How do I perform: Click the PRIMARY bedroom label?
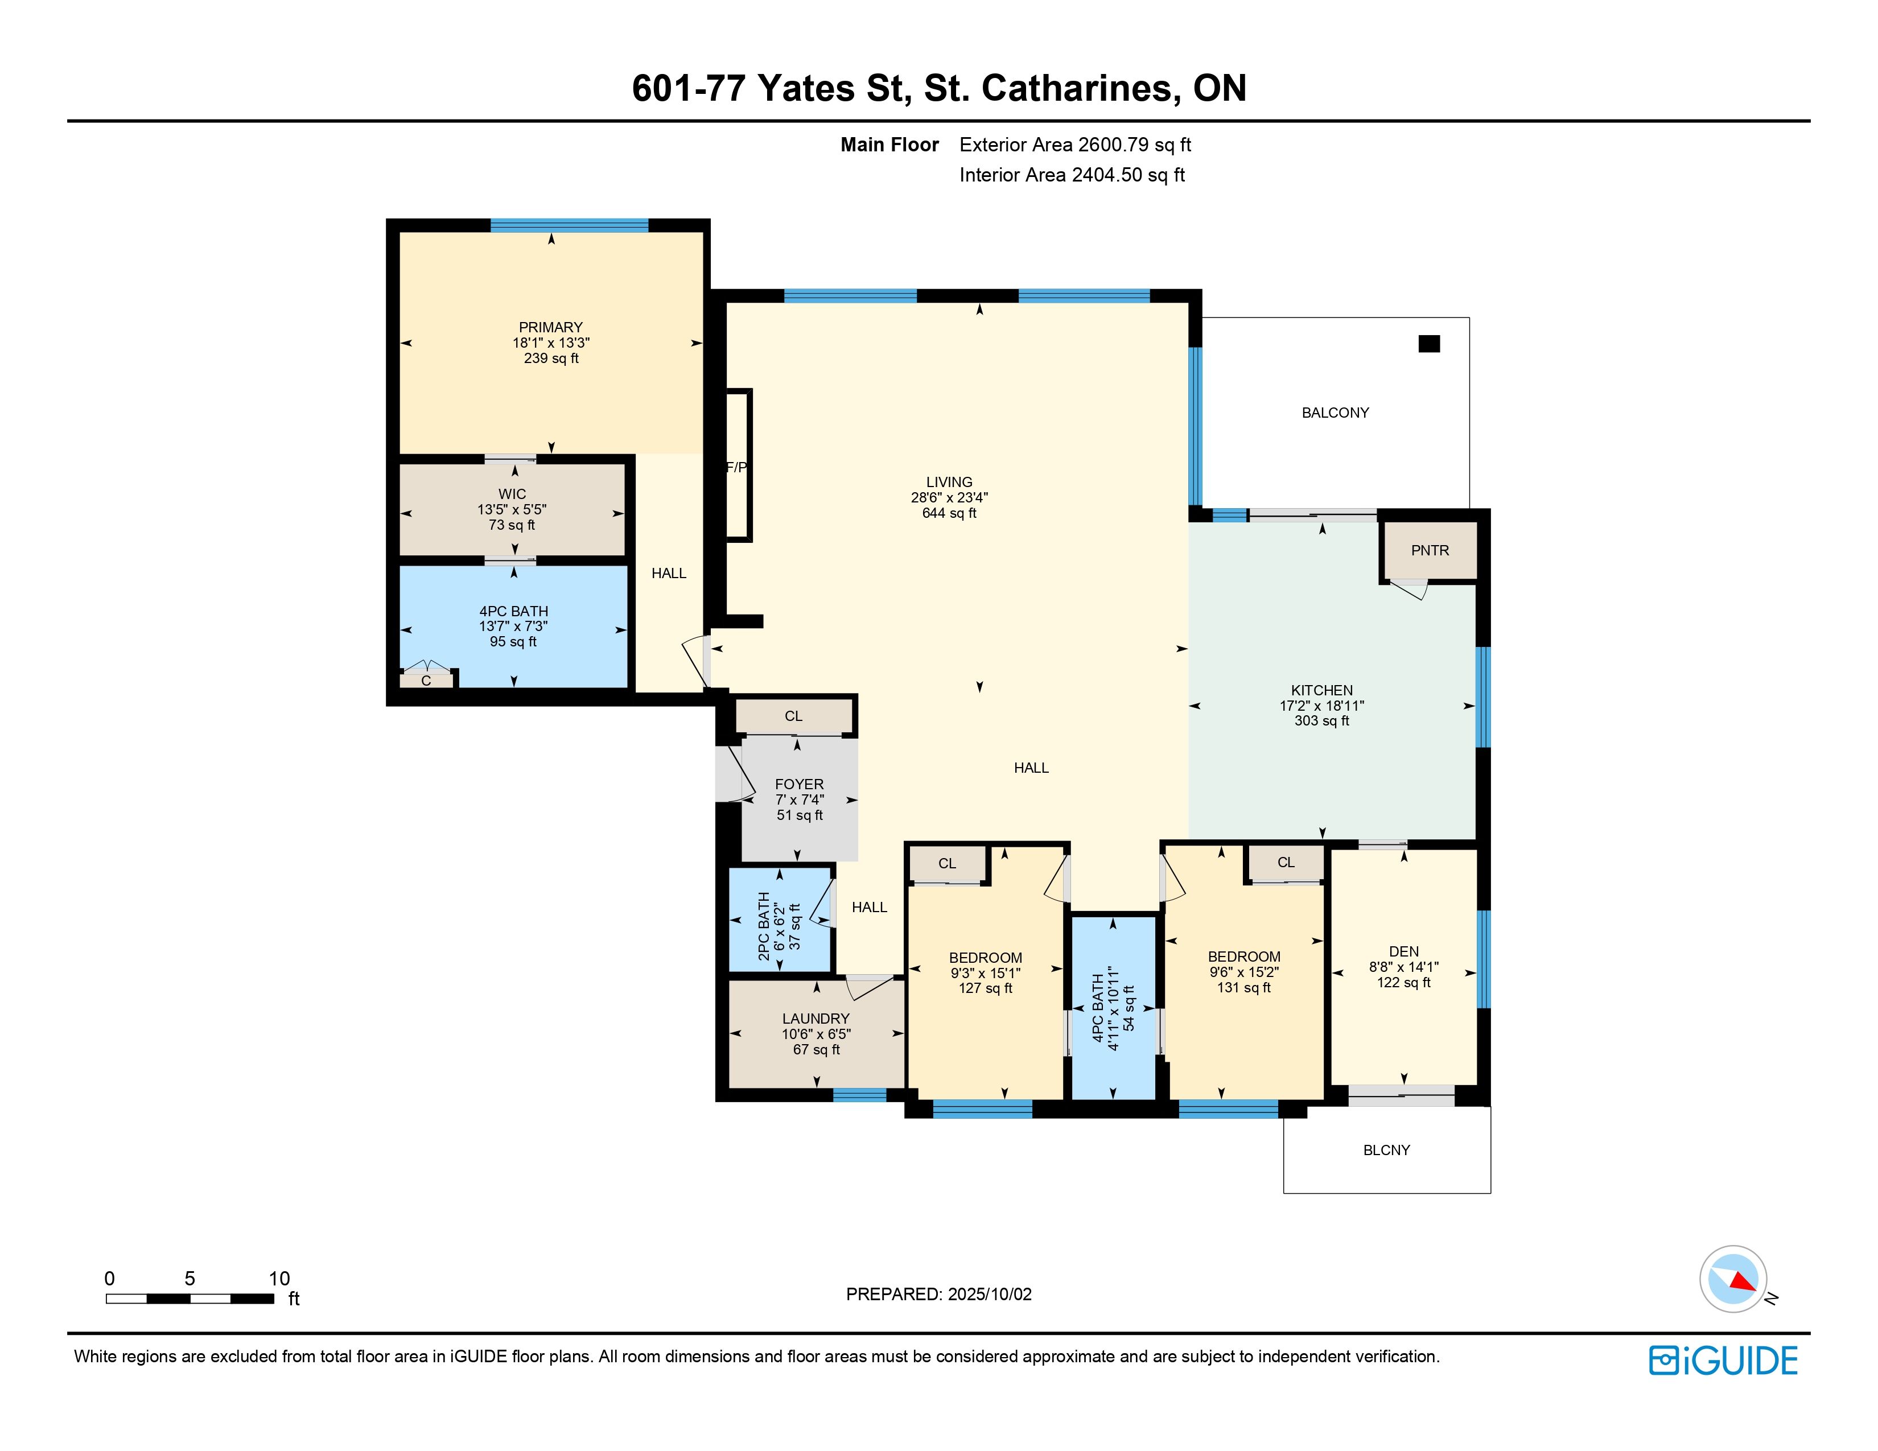[550, 328]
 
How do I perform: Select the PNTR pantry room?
[1429, 551]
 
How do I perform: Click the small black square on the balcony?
[1428, 344]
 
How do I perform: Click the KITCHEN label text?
[1321, 690]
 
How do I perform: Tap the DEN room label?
[1403, 951]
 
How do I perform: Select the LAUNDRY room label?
[815, 1019]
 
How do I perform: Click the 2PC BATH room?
[780, 920]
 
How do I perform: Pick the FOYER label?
[799, 784]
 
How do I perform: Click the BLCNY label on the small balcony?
[1386, 1150]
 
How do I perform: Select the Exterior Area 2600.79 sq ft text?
[1075, 145]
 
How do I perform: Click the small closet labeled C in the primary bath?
[426, 681]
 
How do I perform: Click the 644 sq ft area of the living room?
[949, 513]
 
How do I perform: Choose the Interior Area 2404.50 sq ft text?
[1072, 175]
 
